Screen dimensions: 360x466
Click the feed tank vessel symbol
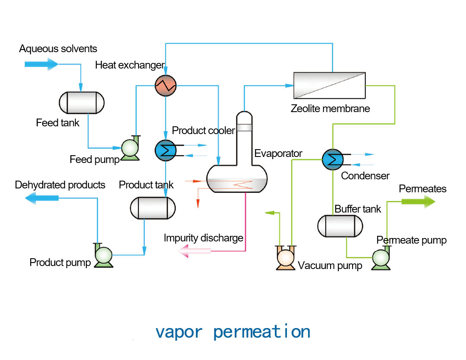pos(82,103)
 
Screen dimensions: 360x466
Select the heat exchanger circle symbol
pos(166,85)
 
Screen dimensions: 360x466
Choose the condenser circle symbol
pos(333,159)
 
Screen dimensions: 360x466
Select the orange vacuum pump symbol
pos(286,258)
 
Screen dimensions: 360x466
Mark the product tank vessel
pos(153,208)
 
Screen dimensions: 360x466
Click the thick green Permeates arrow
pos(418,201)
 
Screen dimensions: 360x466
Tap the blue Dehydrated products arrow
pos(41,197)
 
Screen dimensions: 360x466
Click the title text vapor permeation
pos(233,332)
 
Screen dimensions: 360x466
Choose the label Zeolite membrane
pos(330,108)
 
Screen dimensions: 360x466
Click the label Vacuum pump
pos(330,266)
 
